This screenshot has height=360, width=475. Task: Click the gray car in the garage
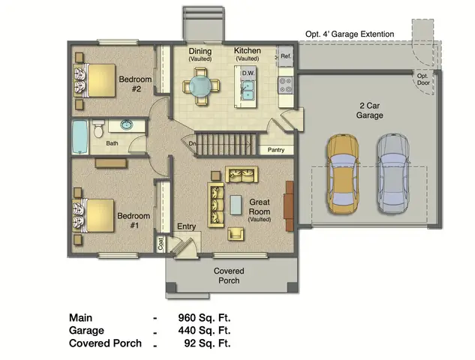pos(393,172)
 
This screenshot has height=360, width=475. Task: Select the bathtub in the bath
pos(81,136)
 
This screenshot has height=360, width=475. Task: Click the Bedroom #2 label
pos(135,84)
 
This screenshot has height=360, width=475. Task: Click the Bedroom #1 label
pos(134,220)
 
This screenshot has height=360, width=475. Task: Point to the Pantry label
pos(276,150)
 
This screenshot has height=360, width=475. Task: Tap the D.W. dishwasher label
pos(247,73)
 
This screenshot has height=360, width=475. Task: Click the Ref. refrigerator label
pos(286,56)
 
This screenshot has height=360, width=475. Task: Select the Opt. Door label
pos(424,79)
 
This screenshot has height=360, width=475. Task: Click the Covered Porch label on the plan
pos(229,275)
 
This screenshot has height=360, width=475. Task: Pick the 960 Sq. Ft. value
pos(204,316)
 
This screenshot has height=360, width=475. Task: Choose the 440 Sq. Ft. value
pos(204,330)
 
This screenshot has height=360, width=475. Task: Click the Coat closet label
pos(161,244)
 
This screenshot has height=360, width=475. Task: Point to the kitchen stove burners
pos(286,84)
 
